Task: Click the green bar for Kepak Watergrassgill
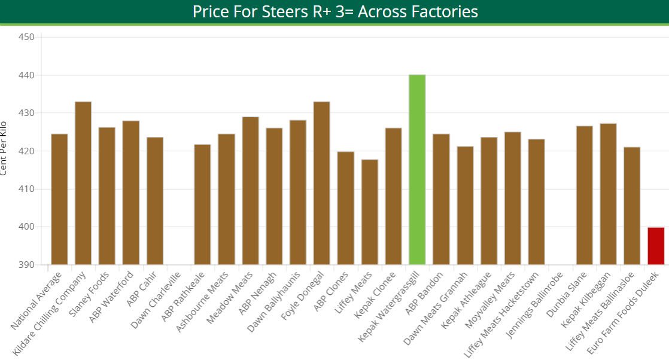(x=417, y=170)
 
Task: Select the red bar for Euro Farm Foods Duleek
(x=656, y=246)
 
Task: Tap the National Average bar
(x=59, y=199)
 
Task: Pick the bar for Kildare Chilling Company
(x=83, y=183)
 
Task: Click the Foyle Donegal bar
(x=321, y=183)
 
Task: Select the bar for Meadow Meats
(x=250, y=191)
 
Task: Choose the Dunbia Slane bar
(x=584, y=195)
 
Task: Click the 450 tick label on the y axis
(x=27, y=37)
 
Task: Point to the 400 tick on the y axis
(x=27, y=227)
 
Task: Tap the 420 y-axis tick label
(x=27, y=151)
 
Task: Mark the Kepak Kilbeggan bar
(x=608, y=194)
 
